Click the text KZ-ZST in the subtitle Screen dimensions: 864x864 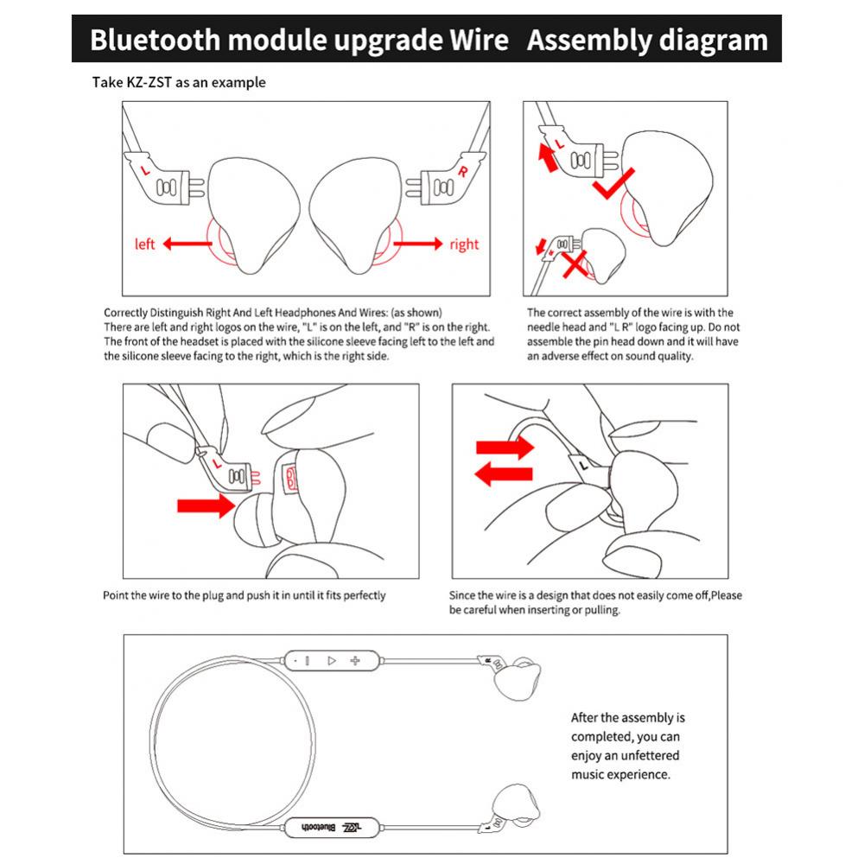[x=147, y=83]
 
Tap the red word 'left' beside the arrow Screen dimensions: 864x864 [x=145, y=245]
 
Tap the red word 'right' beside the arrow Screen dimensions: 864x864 [x=463, y=245]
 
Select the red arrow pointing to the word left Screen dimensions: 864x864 [x=187, y=245]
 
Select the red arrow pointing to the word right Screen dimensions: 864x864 [x=417, y=245]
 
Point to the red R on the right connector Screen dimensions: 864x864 [x=463, y=171]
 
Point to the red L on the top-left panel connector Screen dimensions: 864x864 [x=145, y=171]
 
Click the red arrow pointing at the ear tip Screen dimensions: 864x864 [x=206, y=505]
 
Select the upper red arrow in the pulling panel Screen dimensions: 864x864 [x=506, y=447]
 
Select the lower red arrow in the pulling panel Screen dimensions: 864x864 [x=506, y=473]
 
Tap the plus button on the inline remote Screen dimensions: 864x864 [x=354, y=660]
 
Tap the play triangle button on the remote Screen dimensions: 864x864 [x=330, y=660]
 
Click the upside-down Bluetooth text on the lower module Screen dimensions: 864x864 [x=318, y=827]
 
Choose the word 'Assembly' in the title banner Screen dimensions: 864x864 [x=588, y=40]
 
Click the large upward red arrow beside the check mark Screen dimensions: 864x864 [x=546, y=158]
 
